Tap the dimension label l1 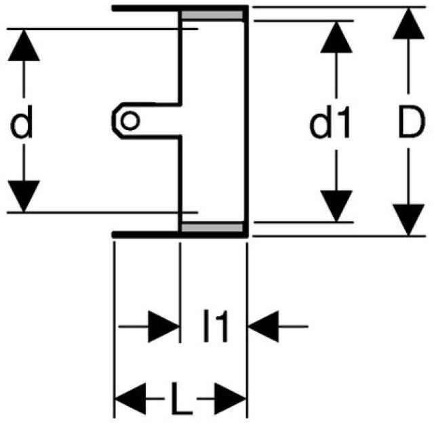[x=215, y=328]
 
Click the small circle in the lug [x=130, y=121]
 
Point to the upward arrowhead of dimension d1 [x=336, y=39]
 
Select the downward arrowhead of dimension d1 [x=336, y=205]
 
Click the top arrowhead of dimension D [x=408, y=25]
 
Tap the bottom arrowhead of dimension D [x=408, y=218]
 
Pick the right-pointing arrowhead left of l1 [x=163, y=327]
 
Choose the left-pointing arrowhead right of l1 [x=265, y=327]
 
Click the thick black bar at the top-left [x=146, y=8]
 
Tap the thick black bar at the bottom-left [x=146, y=235]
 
